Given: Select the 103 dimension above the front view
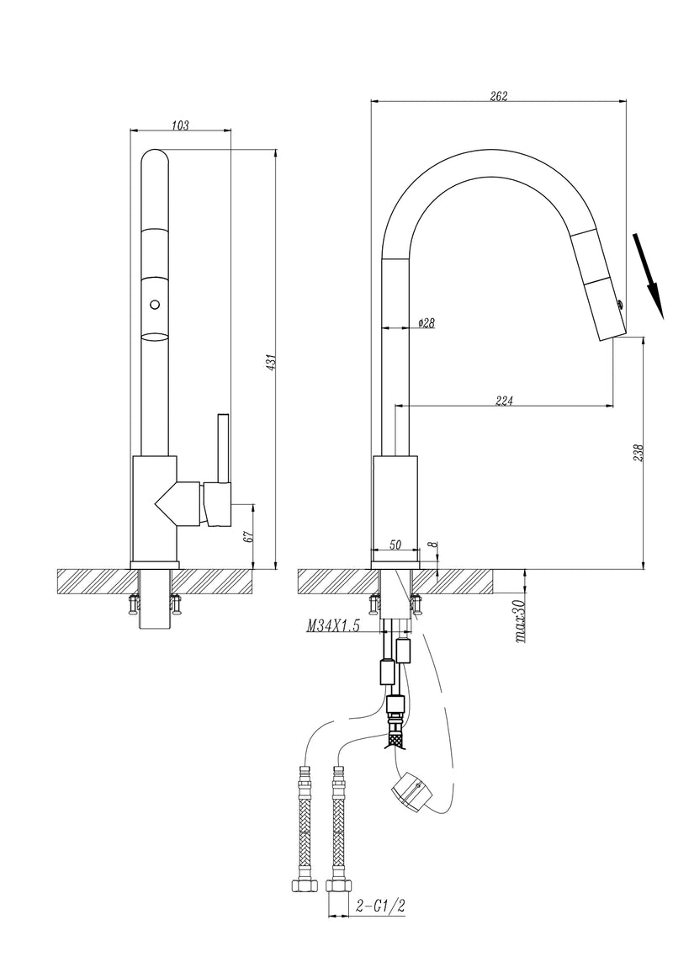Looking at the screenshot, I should [x=179, y=125].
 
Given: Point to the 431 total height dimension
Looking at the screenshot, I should [x=271, y=360].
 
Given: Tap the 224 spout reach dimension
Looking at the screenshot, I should [x=504, y=401].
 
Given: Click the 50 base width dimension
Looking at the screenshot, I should [x=395, y=546].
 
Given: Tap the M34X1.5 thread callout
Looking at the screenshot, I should [x=333, y=626].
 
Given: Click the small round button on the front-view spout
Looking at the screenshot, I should [x=154, y=305].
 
